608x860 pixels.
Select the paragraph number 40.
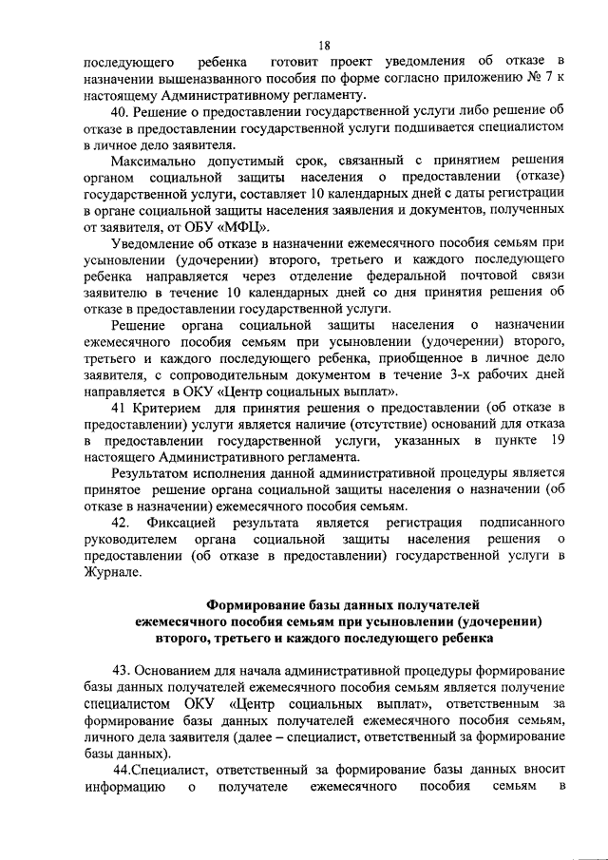pos(121,114)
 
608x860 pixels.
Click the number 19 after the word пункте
pos(557,443)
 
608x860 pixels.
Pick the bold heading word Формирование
pos(262,604)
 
